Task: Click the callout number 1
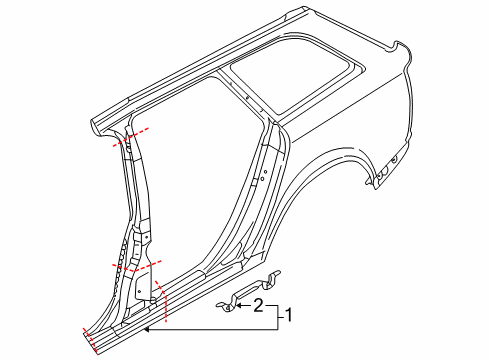coord(289,315)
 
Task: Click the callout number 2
coord(259,305)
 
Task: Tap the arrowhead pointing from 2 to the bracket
coord(240,305)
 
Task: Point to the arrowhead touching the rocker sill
coord(147,329)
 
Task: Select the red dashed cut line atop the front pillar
coord(131,137)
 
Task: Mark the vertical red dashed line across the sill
coord(162,301)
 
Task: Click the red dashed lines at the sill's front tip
coord(90,340)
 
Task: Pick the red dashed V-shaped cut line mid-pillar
coord(137,266)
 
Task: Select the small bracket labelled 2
coord(248,291)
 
